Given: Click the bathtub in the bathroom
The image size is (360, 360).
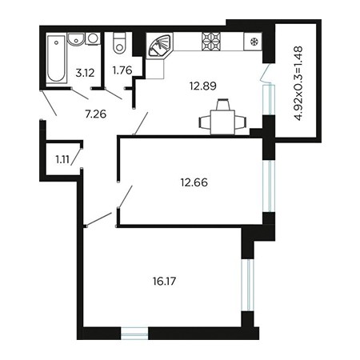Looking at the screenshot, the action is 56,58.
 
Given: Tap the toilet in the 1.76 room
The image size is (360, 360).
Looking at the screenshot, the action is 119,43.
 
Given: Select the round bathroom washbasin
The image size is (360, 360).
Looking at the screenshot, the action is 76,39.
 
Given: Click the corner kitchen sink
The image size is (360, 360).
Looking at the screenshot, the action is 160,46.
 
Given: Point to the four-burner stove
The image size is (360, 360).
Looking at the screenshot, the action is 211,42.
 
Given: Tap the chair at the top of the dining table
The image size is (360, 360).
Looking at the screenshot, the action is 222,104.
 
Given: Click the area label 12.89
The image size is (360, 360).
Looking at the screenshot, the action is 203,86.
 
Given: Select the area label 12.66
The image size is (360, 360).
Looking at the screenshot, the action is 194,182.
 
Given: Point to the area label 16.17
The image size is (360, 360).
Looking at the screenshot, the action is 165,281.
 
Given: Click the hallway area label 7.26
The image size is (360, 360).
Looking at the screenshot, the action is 95,114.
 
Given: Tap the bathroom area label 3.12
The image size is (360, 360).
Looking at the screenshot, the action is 85,73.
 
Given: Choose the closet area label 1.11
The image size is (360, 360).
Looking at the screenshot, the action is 62,159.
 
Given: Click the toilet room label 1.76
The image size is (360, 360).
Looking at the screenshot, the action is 122,70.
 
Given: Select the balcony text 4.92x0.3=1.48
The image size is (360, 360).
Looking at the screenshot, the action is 299,83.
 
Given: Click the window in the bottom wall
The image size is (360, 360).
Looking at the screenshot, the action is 134,334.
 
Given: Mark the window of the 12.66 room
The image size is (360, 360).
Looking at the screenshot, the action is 269,186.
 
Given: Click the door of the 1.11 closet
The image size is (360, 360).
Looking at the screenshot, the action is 76,157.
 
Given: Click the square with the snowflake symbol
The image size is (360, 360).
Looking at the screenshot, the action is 253,42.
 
